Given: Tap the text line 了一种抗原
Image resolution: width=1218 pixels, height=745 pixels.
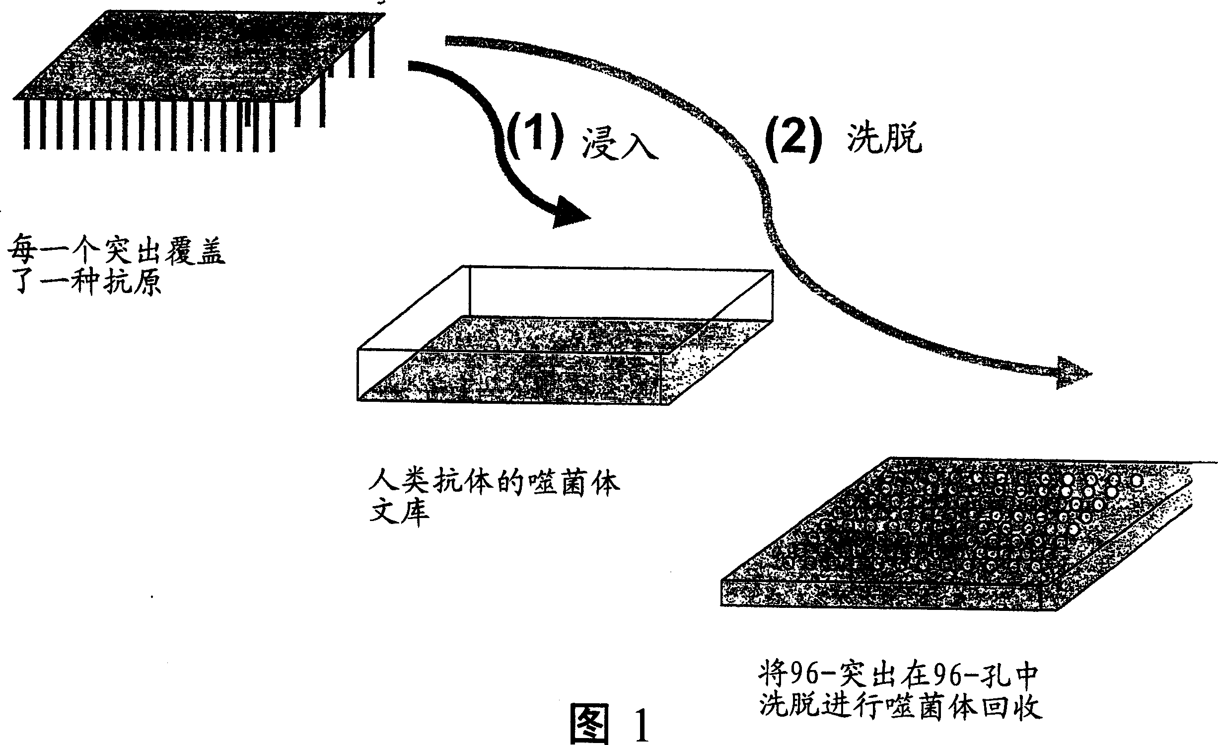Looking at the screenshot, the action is point(84,284).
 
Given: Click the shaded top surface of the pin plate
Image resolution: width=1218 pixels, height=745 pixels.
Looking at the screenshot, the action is point(199,55).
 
